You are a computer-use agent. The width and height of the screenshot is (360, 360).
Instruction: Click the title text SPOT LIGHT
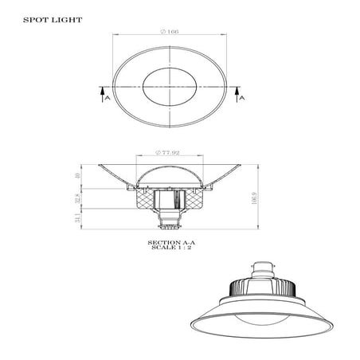point(45,17)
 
